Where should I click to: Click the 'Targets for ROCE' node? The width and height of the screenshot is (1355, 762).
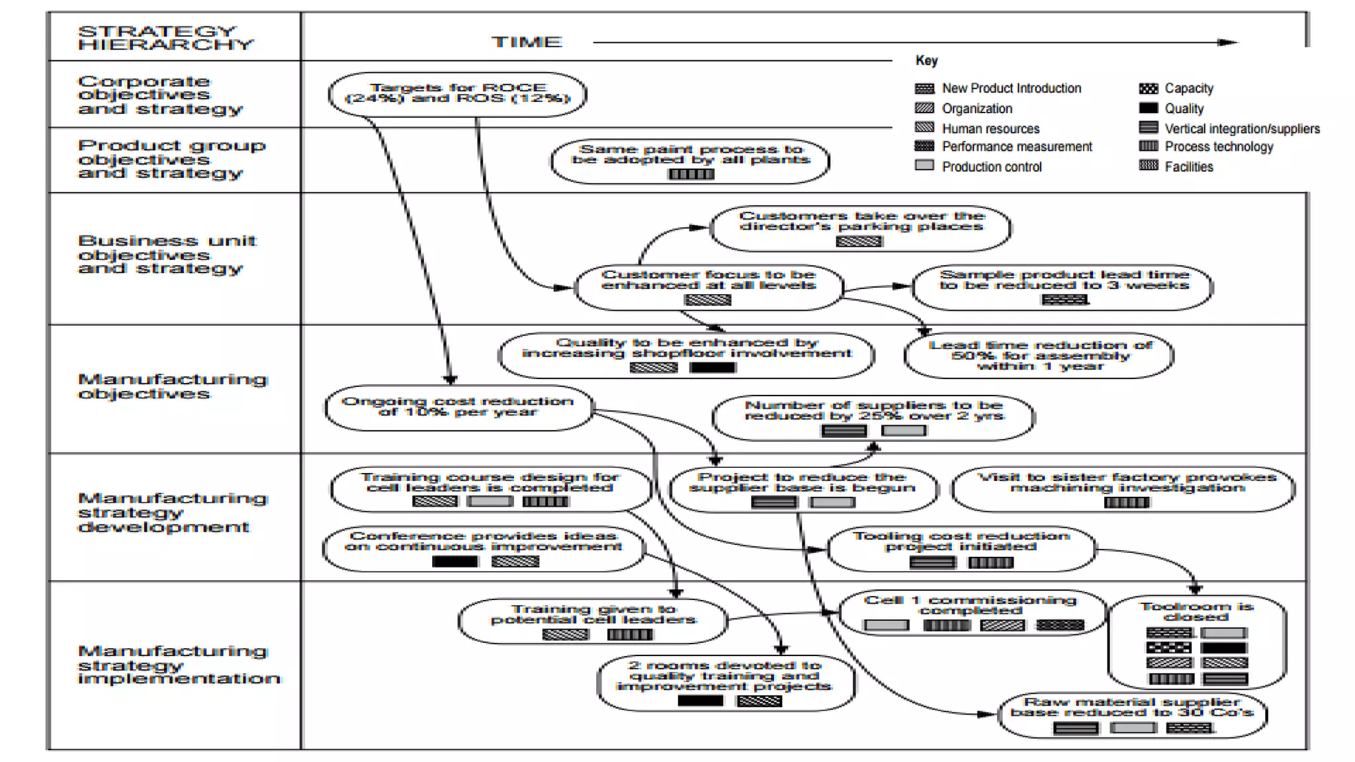coord(457,93)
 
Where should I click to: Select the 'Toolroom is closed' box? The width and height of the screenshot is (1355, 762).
coord(1196,612)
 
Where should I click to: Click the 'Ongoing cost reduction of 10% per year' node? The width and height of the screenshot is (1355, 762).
coord(458,407)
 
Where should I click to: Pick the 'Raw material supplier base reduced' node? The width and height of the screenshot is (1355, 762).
coord(1131,708)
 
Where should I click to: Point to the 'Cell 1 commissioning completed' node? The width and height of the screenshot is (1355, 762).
coord(971,605)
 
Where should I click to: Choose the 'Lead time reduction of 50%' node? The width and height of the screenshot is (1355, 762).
coord(1039,355)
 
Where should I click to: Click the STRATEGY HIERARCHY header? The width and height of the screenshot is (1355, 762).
coord(165,38)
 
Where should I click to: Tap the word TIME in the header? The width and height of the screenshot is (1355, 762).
coord(527,42)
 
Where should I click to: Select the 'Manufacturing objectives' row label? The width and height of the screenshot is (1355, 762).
coord(172,386)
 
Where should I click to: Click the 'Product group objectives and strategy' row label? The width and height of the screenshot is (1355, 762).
coord(171,159)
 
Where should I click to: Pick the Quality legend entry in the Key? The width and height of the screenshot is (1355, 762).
coord(1184,108)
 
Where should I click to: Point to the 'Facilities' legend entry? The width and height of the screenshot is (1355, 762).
coord(1188,167)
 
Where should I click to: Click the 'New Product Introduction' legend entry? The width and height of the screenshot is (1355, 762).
coord(1011,89)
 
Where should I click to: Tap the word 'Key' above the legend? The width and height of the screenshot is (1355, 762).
coord(926,60)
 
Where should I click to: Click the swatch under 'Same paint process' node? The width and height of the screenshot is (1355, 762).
coord(691,174)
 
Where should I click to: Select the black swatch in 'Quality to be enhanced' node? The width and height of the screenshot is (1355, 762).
coord(713,367)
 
